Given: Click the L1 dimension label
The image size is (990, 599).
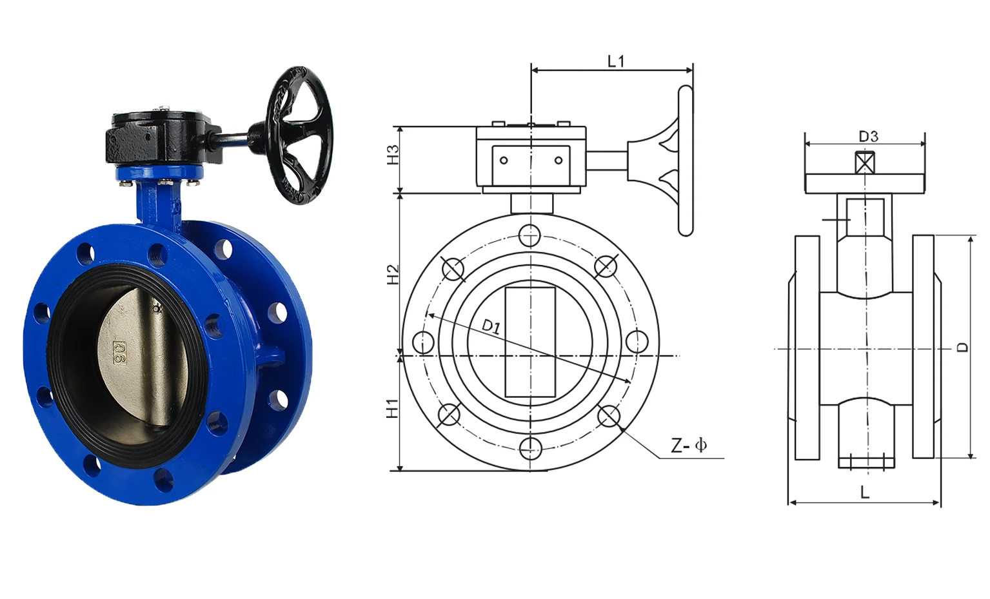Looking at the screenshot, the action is point(616,61).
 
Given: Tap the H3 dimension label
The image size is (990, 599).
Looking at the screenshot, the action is point(393,155).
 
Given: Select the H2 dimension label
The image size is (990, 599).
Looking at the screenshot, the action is point(393,274).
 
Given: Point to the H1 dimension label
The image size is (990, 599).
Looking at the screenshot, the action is point(393,409).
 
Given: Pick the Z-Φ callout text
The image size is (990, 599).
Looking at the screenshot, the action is point(689,446).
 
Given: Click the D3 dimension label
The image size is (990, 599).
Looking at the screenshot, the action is point(869,137).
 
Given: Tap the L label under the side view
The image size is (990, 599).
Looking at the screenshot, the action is point(864,492).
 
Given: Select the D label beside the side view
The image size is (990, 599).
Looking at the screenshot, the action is point(962,347).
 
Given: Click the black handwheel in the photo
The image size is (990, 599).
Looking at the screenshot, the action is point(299,135).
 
